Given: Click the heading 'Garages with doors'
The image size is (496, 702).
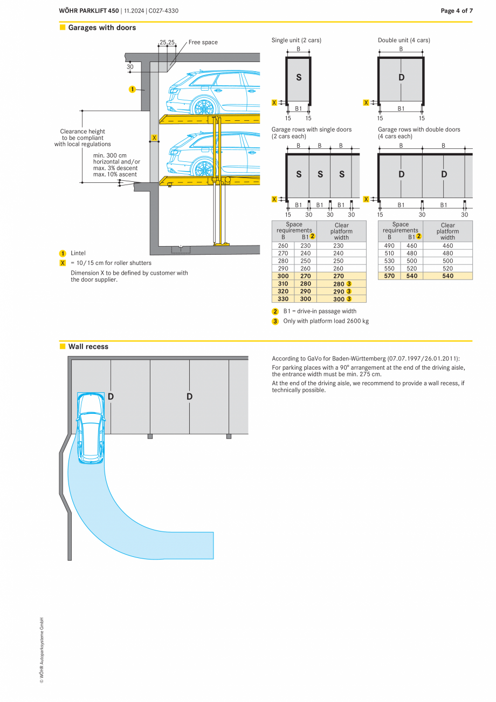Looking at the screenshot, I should pos(102,28).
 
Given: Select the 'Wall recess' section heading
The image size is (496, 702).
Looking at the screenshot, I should pos(88,346).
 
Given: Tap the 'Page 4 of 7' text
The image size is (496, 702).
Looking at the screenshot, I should pos(456,11).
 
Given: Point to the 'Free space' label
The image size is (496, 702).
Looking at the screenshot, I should pos(203,42).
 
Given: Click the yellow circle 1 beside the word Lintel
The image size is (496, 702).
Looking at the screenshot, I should pos(63,253).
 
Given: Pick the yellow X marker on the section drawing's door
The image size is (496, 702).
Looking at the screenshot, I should pos(154,138).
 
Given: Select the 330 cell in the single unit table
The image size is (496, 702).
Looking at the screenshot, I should pos(283,299).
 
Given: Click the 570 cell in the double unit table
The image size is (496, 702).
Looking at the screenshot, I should pos(389,276).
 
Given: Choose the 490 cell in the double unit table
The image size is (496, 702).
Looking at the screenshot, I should pos(389,246).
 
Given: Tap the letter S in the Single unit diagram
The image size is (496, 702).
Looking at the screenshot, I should pos(299,78).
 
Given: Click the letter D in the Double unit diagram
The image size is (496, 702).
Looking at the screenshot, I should pos(401,78).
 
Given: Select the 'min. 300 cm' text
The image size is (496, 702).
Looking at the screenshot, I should pos(110,155).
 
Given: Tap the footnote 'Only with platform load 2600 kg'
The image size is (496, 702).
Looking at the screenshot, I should pos(326,321).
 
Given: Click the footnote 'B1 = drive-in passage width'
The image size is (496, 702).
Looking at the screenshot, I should pos(319,311).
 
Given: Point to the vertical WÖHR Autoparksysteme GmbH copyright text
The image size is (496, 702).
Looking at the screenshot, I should pos(41,650).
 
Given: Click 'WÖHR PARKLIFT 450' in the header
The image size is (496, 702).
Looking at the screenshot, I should pos(89,11).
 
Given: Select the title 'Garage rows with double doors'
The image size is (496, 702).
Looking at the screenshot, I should pos(419,130).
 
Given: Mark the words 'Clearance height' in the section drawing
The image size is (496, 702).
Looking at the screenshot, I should pos(82,131).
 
